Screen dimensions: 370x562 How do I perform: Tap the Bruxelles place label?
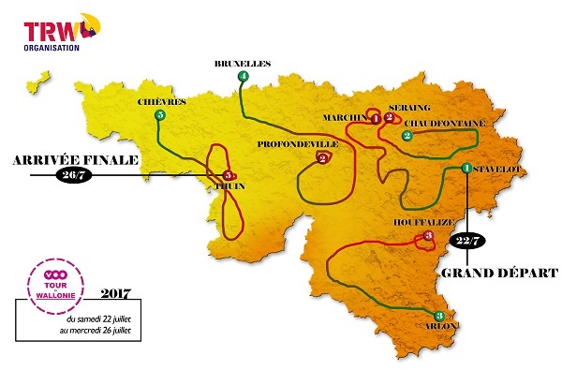point(242,63)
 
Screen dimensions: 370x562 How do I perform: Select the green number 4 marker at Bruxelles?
point(244,76)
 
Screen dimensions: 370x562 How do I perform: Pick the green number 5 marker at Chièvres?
point(160,115)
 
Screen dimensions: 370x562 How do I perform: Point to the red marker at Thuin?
point(228,175)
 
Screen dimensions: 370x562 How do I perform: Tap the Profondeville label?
point(299,144)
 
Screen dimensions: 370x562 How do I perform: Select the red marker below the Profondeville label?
point(322,158)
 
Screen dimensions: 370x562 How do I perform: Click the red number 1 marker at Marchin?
point(376,119)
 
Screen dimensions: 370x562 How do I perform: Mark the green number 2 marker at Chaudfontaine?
point(407,136)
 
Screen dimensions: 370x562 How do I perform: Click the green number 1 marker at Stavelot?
point(466,168)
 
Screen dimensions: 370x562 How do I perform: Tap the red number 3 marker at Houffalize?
point(428,237)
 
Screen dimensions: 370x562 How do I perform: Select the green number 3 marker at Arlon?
point(440,316)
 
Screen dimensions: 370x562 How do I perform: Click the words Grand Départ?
point(496,273)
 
